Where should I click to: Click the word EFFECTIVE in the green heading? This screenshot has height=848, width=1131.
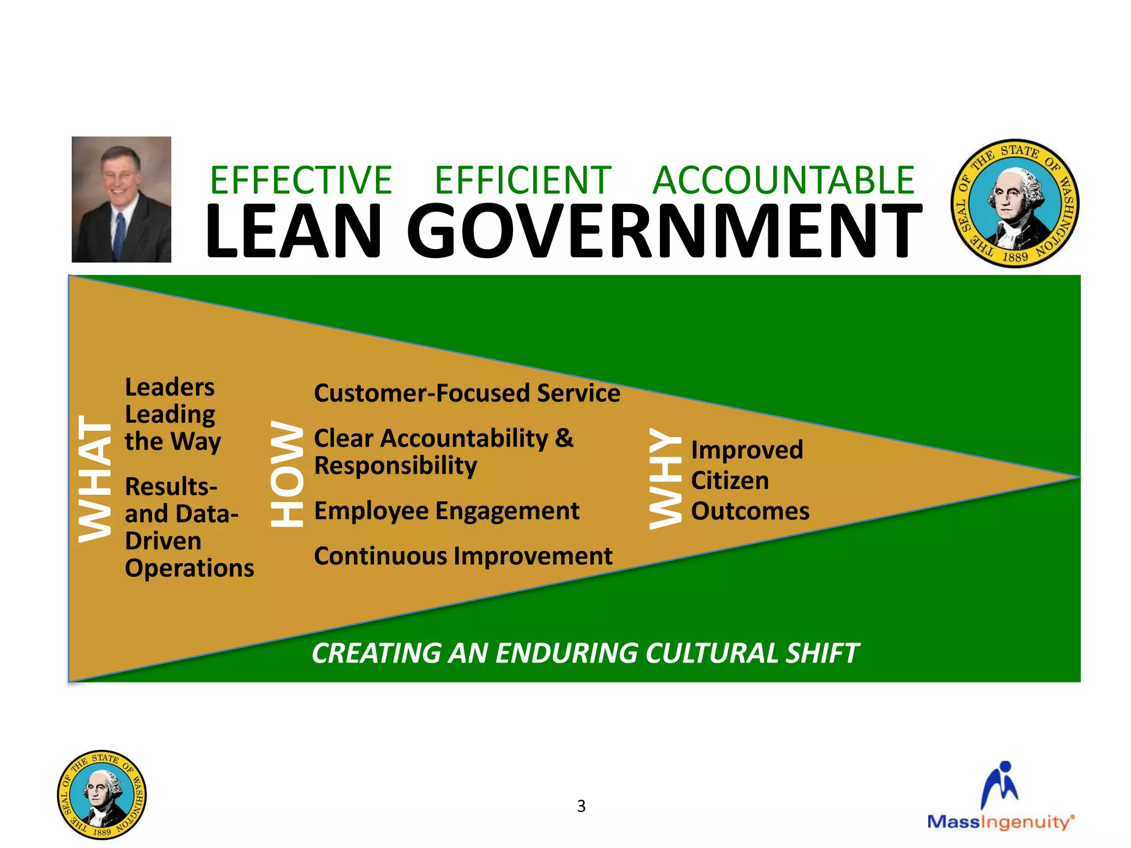coord(301,181)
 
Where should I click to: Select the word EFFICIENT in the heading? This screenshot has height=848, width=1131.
coord(523,181)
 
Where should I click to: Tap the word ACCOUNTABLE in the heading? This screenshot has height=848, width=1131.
coord(784,181)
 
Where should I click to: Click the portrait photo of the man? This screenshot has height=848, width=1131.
coord(121,199)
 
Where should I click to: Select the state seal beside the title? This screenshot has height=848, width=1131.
coord(1014,203)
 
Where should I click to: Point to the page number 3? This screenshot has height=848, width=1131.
coord(581,806)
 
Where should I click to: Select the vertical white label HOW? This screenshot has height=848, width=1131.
coord(287,474)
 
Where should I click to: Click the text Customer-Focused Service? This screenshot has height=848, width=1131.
coord(467,394)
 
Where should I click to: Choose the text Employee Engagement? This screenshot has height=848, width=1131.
coord(447,511)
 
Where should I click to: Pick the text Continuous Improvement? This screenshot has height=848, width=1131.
coord(463,556)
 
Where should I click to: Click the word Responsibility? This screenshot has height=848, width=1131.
coord(395,466)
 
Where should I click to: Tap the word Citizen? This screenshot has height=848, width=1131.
coord(730,481)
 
